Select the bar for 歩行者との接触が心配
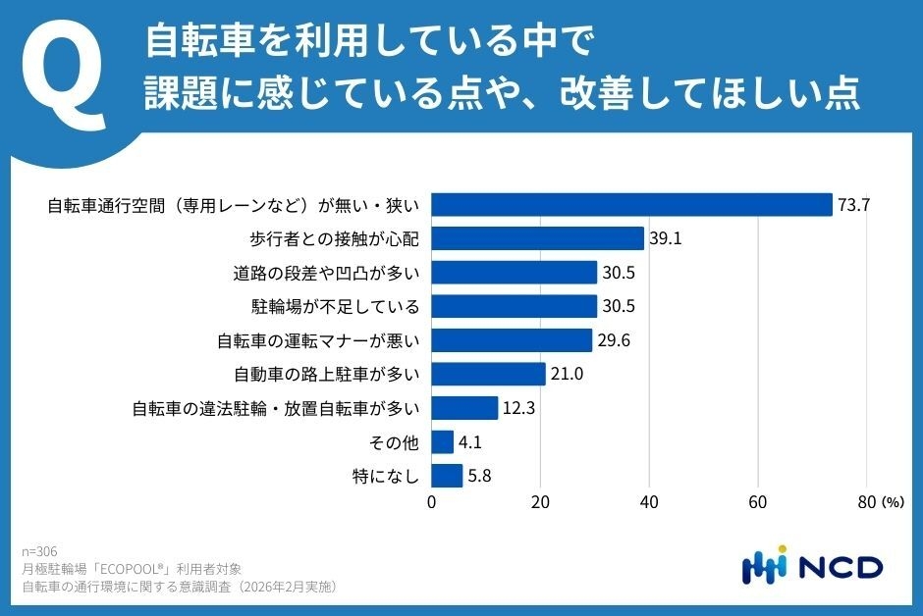(x=538, y=238)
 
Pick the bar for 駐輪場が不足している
(x=515, y=306)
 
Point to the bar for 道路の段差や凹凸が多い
(x=515, y=273)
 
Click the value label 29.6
(x=613, y=340)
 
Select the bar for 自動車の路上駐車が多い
(x=489, y=374)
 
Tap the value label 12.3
(x=518, y=408)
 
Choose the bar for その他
(x=443, y=442)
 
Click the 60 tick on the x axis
(x=757, y=502)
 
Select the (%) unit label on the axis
(x=892, y=502)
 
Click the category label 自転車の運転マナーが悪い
(x=318, y=340)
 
